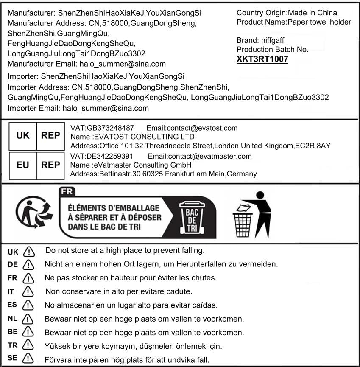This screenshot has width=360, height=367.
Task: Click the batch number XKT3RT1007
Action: [x=262, y=59]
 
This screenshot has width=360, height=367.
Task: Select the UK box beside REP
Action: [x=23, y=135]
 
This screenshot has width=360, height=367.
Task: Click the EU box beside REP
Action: [x=23, y=165]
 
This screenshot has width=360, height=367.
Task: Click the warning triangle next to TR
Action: [x=28, y=345]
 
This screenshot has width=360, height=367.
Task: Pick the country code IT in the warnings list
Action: [x=11, y=292]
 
